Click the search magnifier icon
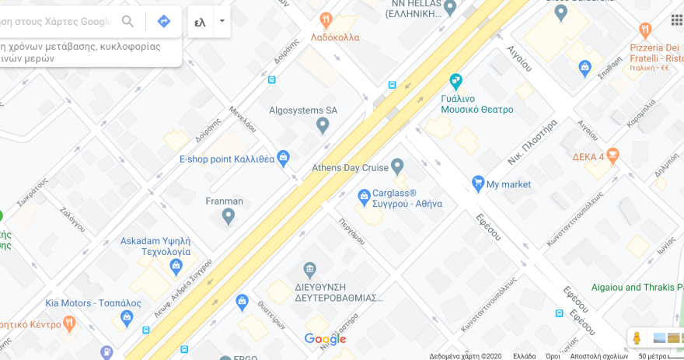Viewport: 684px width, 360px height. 127,21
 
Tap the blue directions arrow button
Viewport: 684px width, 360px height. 164,21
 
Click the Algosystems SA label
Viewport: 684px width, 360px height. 303,110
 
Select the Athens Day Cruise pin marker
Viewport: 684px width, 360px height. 397,166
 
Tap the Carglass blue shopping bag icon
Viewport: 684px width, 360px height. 363,195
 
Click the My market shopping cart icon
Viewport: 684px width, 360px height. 478,183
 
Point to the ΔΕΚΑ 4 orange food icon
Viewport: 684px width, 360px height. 612,155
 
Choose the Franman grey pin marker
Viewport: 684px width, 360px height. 228,215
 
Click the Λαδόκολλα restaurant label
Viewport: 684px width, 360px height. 334,37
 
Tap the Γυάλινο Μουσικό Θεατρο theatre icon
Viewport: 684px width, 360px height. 455,81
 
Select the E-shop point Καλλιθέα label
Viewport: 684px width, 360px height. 226,159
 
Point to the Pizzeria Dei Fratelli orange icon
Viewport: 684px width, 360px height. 644,31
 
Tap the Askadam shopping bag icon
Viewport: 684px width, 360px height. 176,266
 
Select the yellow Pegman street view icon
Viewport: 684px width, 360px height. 637,337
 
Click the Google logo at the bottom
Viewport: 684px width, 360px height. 325,339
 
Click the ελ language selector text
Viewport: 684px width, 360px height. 200,22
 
